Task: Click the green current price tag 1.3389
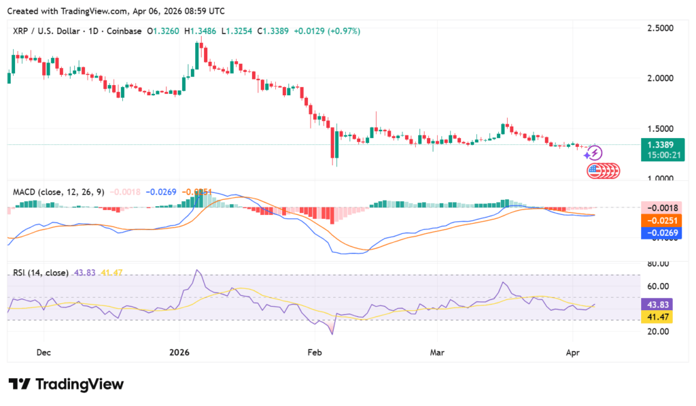661,145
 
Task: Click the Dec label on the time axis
43,352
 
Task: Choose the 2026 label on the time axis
179,352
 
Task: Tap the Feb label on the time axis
314,352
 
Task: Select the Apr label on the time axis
572,352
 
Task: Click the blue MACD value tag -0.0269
661,233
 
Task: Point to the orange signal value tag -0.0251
661,220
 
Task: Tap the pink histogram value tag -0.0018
661,207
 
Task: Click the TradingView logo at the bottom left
66,384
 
